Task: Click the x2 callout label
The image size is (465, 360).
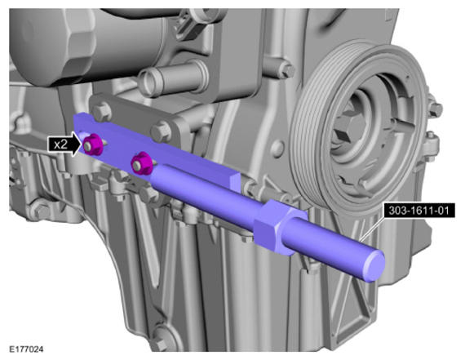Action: [x=61, y=144]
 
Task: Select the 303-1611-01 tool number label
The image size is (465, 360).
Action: [x=418, y=211]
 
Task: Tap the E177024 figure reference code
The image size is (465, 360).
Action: [x=26, y=349]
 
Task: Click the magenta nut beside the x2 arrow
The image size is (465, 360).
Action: [x=93, y=144]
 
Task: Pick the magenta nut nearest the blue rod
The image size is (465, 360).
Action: [x=141, y=163]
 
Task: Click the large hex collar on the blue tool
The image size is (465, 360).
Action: [x=272, y=227]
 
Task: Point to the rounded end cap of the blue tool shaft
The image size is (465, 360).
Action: [x=374, y=265]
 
